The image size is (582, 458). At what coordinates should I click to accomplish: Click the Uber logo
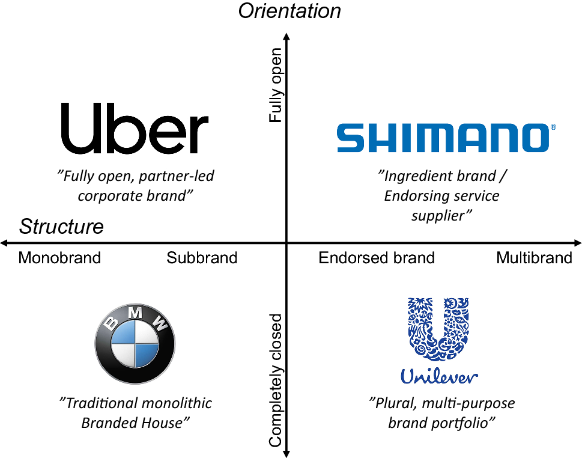(x=135, y=128)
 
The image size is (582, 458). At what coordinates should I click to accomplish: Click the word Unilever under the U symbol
(x=439, y=377)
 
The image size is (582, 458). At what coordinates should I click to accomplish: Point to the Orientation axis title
(x=289, y=11)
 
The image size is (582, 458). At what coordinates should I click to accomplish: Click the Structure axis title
(x=61, y=227)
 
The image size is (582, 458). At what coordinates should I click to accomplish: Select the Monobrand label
(x=59, y=258)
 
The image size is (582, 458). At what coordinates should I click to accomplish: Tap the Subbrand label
(x=202, y=258)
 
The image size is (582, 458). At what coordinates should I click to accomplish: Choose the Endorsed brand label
(x=377, y=258)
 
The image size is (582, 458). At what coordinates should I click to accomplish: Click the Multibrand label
(x=534, y=258)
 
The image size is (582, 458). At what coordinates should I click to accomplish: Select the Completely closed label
(x=276, y=380)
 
